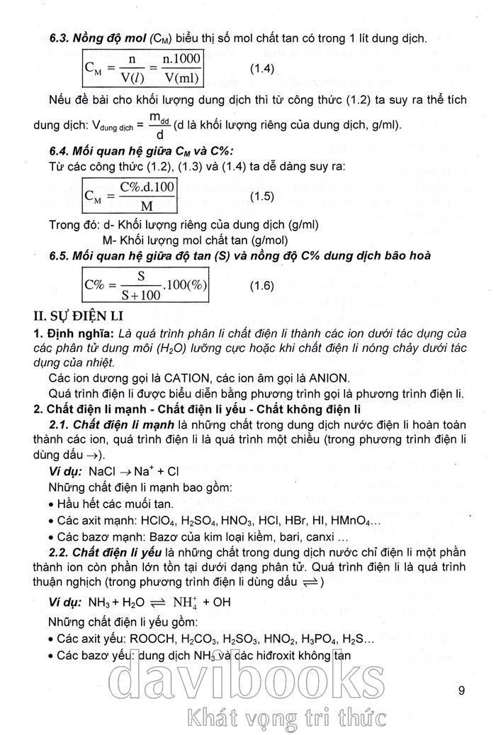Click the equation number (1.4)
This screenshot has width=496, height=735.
pyautogui.click(x=266, y=68)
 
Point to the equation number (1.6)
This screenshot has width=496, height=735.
pyautogui.click(x=266, y=285)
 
